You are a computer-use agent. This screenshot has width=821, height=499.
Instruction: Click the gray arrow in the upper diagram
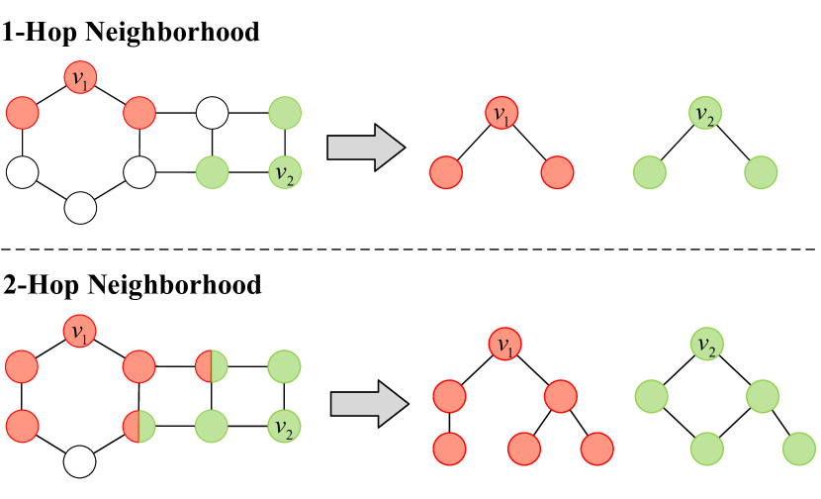pyautogui.click(x=365, y=148)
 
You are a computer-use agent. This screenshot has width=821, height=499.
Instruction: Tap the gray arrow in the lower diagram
pyautogui.click(x=368, y=404)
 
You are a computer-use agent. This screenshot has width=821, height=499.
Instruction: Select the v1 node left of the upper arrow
pyautogui.click(x=80, y=77)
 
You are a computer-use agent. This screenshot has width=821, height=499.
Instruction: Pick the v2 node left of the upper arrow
pyautogui.click(x=284, y=173)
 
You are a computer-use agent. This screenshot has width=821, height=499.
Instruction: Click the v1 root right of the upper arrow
pyautogui.click(x=502, y=113)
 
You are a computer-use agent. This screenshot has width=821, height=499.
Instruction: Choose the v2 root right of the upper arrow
pyautogui.click(x=704, y=113)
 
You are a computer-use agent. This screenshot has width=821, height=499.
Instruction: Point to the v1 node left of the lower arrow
pyautogui.click(x=80, y=331)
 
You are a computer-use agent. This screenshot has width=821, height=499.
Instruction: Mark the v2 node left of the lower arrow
pyautogui.click(x=284, y=427)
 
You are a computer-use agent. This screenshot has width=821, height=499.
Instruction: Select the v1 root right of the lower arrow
pyautogui.click(x=504, y=345)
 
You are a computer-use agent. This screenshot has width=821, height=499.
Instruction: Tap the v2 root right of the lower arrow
pyautogui.click(x=706, y=345)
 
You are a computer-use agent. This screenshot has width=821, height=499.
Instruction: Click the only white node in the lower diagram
pyautogui.click(x=80, y=460)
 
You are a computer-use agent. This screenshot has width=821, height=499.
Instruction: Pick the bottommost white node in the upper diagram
pyautogui.click(x=80, y=208)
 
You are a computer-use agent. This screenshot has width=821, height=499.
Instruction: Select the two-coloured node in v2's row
pyautogui.click(x=139, y=427)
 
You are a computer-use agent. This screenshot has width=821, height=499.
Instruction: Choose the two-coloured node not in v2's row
pyautogui.click(x=212, y=366)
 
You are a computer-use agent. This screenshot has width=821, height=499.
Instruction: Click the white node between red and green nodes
pyautogui.click(x=212, y=113)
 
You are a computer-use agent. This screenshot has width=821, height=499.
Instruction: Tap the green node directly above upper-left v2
pyautogui.click(x=284, y=113)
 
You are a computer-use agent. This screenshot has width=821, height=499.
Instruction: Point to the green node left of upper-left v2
pyautogui.click(x=212, y=173)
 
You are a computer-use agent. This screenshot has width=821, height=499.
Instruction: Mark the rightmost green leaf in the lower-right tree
pyautogui.click(x=799, y=449)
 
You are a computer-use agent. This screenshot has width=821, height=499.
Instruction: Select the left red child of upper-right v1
pyautogui.click(x=446, y=173)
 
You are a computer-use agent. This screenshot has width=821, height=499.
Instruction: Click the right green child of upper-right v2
pyautogui.click(x=761, y=173)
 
